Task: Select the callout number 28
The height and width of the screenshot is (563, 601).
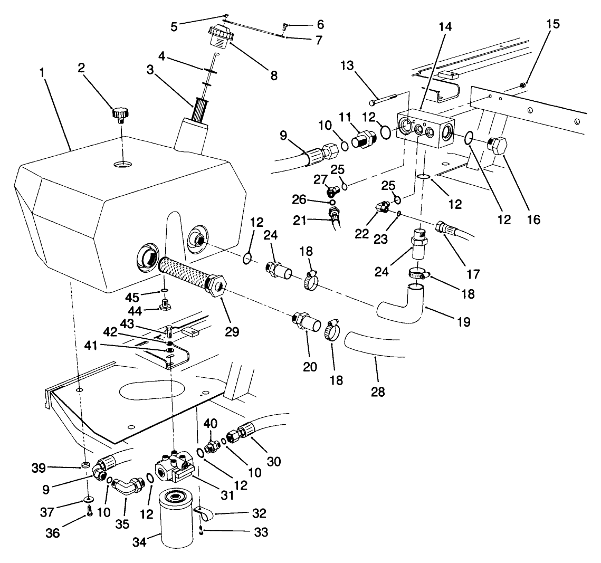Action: coord(378,392)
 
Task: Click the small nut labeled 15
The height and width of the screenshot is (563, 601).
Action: coord(522,85)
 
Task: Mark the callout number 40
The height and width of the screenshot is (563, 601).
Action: coord(211,423)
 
